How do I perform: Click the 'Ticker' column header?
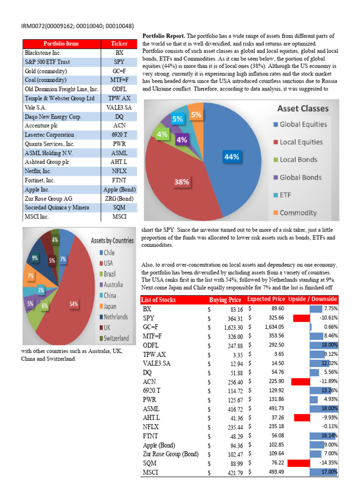click(x=119, y=44)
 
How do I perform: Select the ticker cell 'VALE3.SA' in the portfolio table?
click(x=119, y=107)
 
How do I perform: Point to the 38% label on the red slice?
click(x=182, y=181)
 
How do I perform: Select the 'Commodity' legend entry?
click(x=298, y=212)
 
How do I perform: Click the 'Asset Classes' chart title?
click(x=303, y=108)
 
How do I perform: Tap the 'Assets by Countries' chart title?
click(x=112, y=240)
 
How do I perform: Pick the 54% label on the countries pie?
click(x=74, y=304)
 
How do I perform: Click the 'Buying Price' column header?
click(x=225, y=300)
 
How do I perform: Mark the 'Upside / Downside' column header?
click(x=313, y=300)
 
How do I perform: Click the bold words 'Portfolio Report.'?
click(x=163, y=36)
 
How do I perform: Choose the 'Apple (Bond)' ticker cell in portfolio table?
click(x=119, y=190)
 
